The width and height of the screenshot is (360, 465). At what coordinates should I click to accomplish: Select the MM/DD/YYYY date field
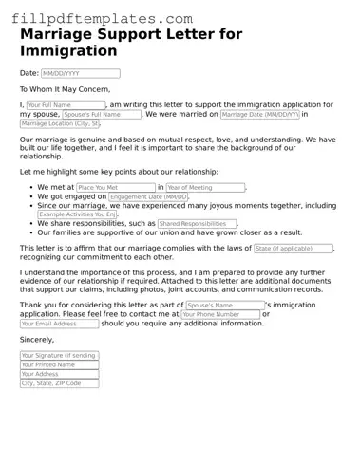[x=80, y=73]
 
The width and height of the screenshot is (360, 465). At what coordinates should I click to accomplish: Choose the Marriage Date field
[x=259, y=114]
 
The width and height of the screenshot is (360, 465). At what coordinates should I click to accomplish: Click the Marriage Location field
[x=60, y=123]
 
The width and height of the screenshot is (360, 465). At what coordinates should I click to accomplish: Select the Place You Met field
[x=115, y=188]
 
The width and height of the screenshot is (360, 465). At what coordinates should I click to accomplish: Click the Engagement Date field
[x=148, y=197]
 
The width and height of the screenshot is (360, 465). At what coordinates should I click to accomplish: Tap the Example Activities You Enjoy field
[x=78, y=214]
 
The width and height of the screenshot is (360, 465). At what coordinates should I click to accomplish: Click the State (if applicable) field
[x=293, y=248]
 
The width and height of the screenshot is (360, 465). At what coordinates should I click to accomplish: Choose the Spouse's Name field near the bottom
[x=223, y=306]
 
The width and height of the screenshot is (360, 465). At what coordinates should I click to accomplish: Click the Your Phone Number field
[x=219, y=314]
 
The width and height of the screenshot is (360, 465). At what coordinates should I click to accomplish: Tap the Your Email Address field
[x=59, y=324]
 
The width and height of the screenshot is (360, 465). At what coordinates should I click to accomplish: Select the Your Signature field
[x=59, y=356]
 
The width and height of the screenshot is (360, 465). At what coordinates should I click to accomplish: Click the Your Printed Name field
[x=59, y=365]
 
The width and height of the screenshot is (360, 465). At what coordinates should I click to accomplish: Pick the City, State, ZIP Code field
[x=59, y=383]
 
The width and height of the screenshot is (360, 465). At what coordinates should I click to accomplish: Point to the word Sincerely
[x=37, y=339]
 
